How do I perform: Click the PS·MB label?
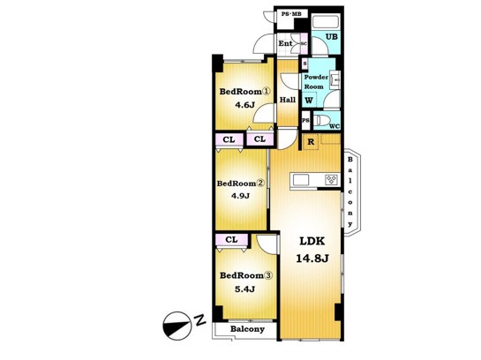coord(291,14)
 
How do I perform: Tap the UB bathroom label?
coord(331,37)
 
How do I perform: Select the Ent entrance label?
coord(285,43)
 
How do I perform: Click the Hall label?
coord(288,100)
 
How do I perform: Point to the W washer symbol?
coord(309,101)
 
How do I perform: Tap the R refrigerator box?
coord(311,142)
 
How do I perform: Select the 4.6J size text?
coord(244,105)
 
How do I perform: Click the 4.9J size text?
coord(240,195)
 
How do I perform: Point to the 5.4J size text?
coord(244,289)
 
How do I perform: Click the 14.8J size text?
coord(312,259)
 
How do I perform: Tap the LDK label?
coord(312,242)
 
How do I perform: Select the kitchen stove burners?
coord(331,180)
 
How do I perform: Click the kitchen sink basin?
coord(301,180)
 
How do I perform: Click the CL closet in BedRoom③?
coord(231,240)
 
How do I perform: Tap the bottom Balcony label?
coord(247,329)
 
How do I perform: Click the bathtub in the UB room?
coord(325,22)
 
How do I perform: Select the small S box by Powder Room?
coord(304,64)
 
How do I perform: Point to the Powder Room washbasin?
coord(336,80)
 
